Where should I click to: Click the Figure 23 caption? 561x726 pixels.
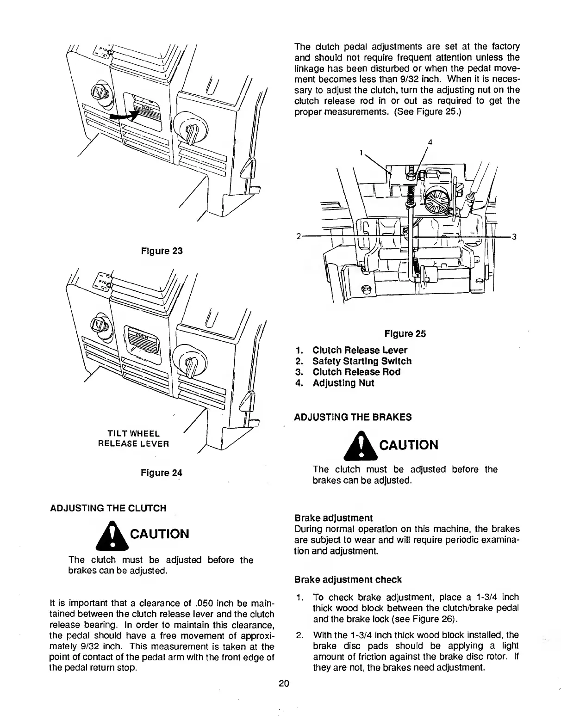[x=162, y=251]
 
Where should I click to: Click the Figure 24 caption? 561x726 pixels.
[x=162, y=473]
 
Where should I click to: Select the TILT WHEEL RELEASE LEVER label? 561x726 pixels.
[x=133, y=439]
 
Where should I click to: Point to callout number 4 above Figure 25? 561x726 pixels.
[x=430, y=142]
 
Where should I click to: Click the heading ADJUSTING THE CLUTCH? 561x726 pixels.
[x=108, y=508]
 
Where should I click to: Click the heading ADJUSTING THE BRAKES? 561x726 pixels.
[x=353, y=417]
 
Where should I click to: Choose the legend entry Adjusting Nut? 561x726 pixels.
[x=343, y=383]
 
